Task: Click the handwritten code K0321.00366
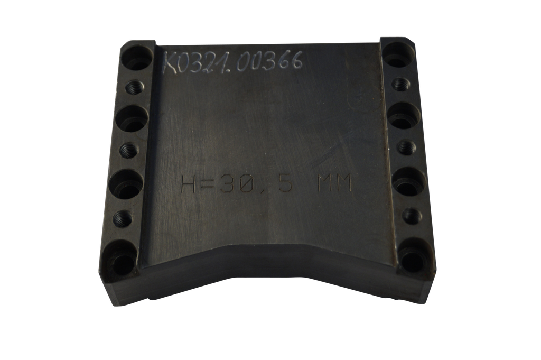pyautogui.click(x=233, y=63)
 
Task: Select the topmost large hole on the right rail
pyautogui.click(x=397, y=53)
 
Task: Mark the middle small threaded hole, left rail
pyautogui.click(x=128, y=150)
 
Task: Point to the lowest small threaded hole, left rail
pyautogui.click(x=124, y=217)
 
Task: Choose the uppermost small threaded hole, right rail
pyautogui.click(x=400, y=83)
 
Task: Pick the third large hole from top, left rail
pyautogui.click(x=127, y=183)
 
